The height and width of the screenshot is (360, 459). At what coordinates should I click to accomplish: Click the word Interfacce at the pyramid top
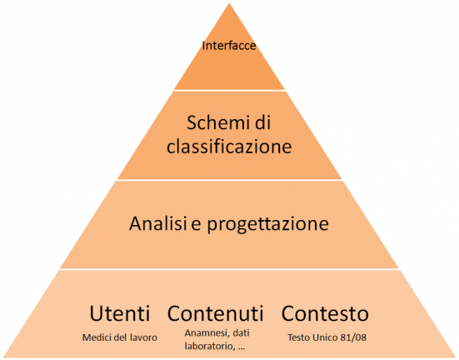pos(229,46)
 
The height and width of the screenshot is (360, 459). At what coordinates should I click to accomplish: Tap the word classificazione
pos(229,146)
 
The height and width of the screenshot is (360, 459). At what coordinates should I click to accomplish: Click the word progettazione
pos(268,225)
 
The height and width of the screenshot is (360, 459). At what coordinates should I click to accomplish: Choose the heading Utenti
pos(119,313)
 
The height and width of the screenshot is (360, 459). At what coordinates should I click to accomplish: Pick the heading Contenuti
pos(216,313)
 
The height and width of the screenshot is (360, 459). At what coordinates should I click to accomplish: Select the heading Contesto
pos(325,313)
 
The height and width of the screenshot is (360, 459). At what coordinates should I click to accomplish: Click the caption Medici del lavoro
pos(120,337)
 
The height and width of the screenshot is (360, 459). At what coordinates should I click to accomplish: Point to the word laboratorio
pos(210,347)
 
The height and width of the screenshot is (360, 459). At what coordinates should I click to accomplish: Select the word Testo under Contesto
pos(299,337)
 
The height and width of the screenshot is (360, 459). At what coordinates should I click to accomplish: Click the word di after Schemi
pos(262,122)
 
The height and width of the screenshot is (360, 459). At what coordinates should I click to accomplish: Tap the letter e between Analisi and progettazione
pos(196,225)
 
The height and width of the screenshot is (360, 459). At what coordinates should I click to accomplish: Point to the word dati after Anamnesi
pos(242,333)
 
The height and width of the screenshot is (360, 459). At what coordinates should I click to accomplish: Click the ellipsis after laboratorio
pos(242,349)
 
